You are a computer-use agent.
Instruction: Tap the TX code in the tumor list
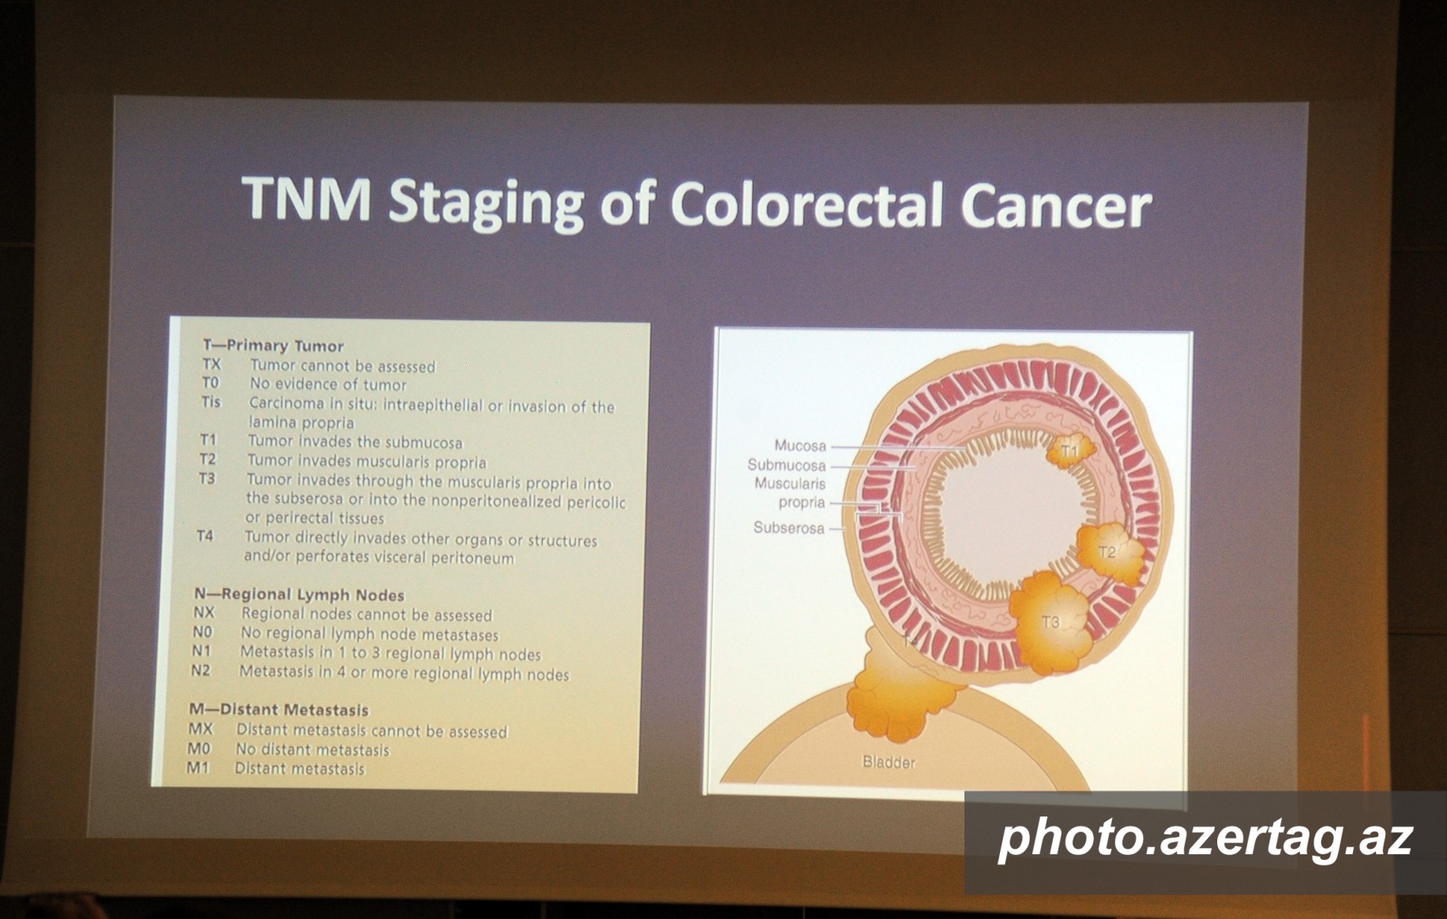click(212, 364)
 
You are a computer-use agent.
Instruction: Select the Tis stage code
click(211, 402)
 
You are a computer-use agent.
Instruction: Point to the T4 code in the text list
click(205, 536)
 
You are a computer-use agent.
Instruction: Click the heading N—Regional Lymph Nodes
click(299, 595)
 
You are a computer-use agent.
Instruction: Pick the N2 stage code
click(201, 670)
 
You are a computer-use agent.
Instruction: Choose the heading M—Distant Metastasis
click(279, 709)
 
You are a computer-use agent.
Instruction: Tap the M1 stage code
click(197, 767)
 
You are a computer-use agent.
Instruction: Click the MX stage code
click(201, 728)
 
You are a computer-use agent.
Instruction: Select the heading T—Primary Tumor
click(273, 345)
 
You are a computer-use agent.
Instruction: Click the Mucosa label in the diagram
click(800, 445)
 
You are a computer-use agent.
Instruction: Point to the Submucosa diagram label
click(787, 465)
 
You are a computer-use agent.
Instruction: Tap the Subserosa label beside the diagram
click(788, 527)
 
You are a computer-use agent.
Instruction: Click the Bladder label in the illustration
click(889, 762)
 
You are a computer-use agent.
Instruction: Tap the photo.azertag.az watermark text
click(1205, 838)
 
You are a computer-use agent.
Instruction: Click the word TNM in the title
click(306, 198)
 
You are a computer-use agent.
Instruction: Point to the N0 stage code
click(202, 632)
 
